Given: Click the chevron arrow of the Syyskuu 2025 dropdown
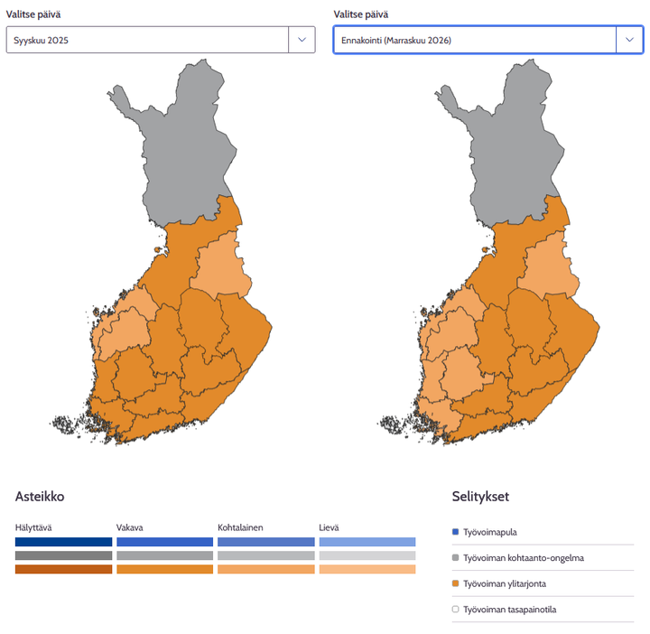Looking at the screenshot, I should pos(302,40).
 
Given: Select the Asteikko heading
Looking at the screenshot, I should pos(40,497).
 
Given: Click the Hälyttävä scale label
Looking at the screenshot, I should pos(33,527).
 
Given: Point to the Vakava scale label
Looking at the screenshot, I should pos(130,527).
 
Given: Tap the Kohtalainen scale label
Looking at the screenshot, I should pos(240,527).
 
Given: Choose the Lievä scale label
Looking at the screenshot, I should pos(330,527).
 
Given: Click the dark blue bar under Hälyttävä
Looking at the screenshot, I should pos(63,542).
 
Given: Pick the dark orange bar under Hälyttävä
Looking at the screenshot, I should pos(63,569).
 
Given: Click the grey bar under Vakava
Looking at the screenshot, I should pos(164,555).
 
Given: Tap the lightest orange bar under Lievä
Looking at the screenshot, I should pos(367,569).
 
